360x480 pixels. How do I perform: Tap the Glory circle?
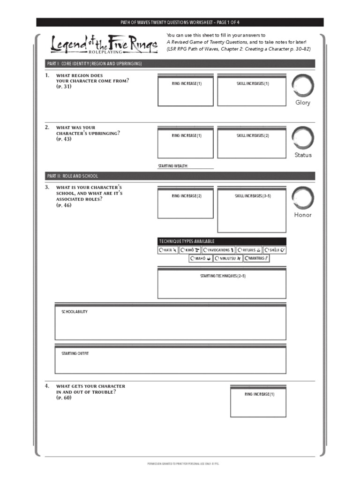point(302,86)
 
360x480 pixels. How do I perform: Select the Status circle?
point(302,138)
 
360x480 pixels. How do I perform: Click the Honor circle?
point(302,198)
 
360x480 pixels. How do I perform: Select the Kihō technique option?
point(190,250)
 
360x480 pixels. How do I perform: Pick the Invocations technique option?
point(218,250)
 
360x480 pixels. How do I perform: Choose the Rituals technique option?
point(249,250)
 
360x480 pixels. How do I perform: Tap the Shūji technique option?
point(275,250)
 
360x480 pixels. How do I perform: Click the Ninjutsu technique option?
point(228,258)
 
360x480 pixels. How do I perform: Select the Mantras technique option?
point(256,258)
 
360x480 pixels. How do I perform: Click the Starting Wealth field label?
point(173,166)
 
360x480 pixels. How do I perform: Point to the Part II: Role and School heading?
point(73,176)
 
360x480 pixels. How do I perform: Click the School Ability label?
point(75,312)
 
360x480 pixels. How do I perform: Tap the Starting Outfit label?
point(75,353)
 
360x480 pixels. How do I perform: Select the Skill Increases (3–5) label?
point(253,196)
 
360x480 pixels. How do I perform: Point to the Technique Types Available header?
point(187,241)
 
